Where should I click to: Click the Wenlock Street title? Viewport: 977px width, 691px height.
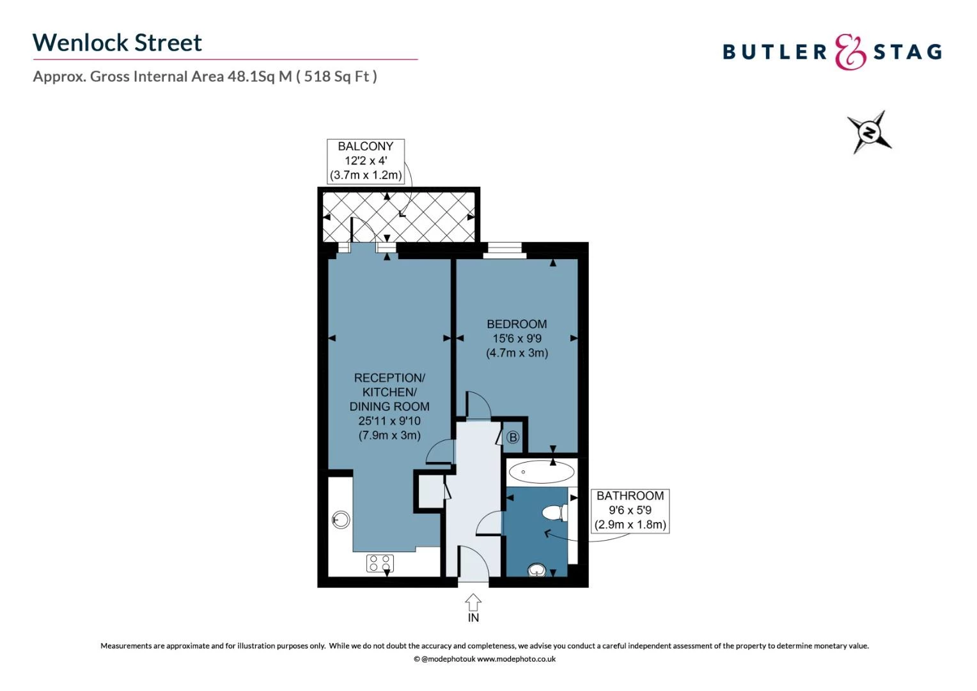pos(117,43)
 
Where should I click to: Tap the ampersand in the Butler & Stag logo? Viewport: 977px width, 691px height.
pos(850,52)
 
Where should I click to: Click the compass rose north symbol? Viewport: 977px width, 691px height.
pos(870,132)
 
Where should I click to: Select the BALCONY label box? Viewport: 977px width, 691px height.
pos(366,161)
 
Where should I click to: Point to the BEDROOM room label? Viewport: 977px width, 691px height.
pos(517,324)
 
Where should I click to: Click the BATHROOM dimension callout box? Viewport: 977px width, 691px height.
pos(630,511)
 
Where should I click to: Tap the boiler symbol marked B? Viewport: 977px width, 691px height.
pos(513,437)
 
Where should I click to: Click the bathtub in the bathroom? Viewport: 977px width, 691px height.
pos(542,472)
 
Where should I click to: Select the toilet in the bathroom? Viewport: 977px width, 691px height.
pos(554,512)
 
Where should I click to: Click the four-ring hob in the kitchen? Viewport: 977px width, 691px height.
pos(380,563)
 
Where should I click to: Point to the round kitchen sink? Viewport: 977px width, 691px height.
pos(341,520)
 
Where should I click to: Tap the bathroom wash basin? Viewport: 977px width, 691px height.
pos(537,569)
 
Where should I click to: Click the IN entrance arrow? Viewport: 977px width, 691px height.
pos(473,603)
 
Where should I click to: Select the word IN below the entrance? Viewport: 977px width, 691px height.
pos(473,617)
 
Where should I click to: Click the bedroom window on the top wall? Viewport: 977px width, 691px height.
pos(504,251)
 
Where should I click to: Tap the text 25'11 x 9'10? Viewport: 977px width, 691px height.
pos(389,421)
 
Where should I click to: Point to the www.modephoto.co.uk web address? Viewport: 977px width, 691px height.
pos(517,659)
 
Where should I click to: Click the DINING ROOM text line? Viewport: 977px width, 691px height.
pos(389,406)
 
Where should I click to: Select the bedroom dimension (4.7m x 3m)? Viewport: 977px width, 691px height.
pos(517,353)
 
